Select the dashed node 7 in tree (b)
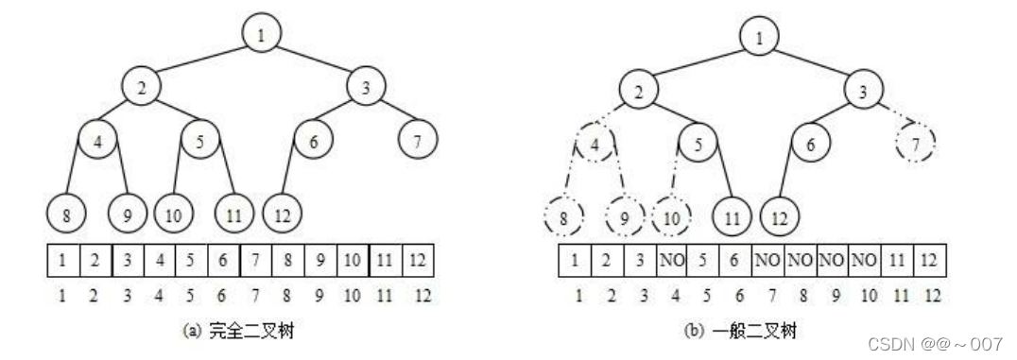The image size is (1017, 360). click(x=916, y=144)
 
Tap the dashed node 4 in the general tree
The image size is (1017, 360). click(x=595, y=146)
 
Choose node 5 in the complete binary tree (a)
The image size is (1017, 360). click(x=200, y=142)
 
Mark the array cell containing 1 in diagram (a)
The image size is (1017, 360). click(x=60, y=258)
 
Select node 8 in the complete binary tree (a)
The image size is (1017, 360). click(x=65, y=214)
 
